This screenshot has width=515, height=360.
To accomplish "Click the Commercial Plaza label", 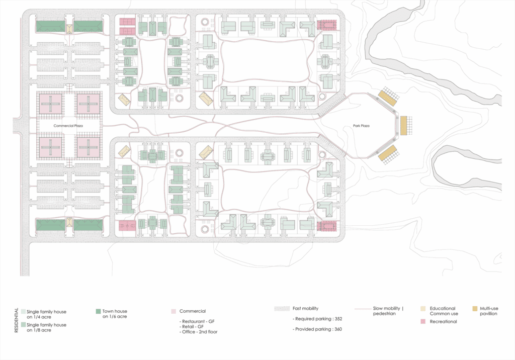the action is point(68,126).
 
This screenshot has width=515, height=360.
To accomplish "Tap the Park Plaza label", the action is point(361,126).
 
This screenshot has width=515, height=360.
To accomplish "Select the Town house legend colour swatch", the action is point(98,311).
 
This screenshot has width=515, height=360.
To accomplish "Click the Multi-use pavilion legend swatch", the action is point(475,308).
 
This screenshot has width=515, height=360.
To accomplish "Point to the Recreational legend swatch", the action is point(423,322).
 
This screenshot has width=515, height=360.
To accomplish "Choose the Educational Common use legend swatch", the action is point(423,308).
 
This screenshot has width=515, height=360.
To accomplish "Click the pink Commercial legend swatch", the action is point(174,311).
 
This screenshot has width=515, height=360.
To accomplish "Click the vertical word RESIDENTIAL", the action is point(17,320).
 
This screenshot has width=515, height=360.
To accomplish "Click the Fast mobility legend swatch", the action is point(282,308).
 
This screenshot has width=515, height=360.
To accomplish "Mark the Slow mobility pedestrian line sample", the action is point(363,309).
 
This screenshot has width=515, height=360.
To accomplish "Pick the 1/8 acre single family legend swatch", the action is point(23,324).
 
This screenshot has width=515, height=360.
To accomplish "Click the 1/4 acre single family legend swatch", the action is point(23,311).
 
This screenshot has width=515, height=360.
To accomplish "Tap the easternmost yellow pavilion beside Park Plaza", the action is point(403,126).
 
